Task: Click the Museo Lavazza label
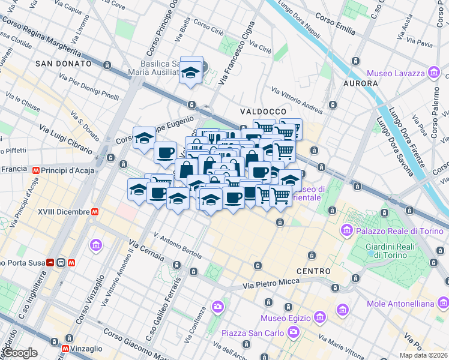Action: [x=394, y=74]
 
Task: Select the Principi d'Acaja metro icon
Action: [x=37, y=170]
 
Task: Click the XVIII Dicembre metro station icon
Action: [x=95, y=212]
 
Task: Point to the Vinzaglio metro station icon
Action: [x=65, y=348]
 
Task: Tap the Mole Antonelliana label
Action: [x=400, y=304]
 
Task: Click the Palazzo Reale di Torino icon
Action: [x=347, y=231]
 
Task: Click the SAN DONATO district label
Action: [x=63, y=64]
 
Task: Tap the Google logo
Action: [x=19, y=353]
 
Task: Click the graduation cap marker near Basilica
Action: [x=191, y=73]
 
